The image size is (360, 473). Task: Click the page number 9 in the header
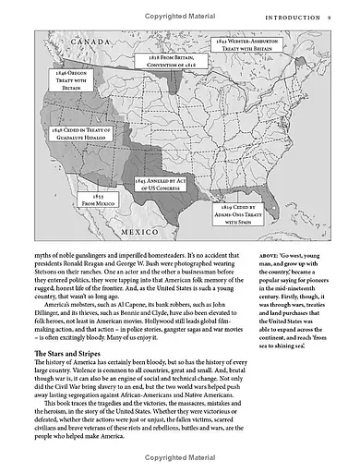329,17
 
